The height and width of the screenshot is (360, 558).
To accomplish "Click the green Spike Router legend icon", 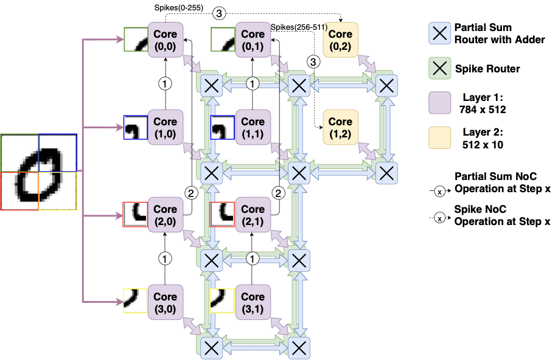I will click(x=439, y=68).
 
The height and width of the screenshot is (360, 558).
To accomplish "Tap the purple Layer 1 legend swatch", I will click(x=439, y=103).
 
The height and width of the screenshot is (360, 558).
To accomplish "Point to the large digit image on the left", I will click(x=39, y=171).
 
